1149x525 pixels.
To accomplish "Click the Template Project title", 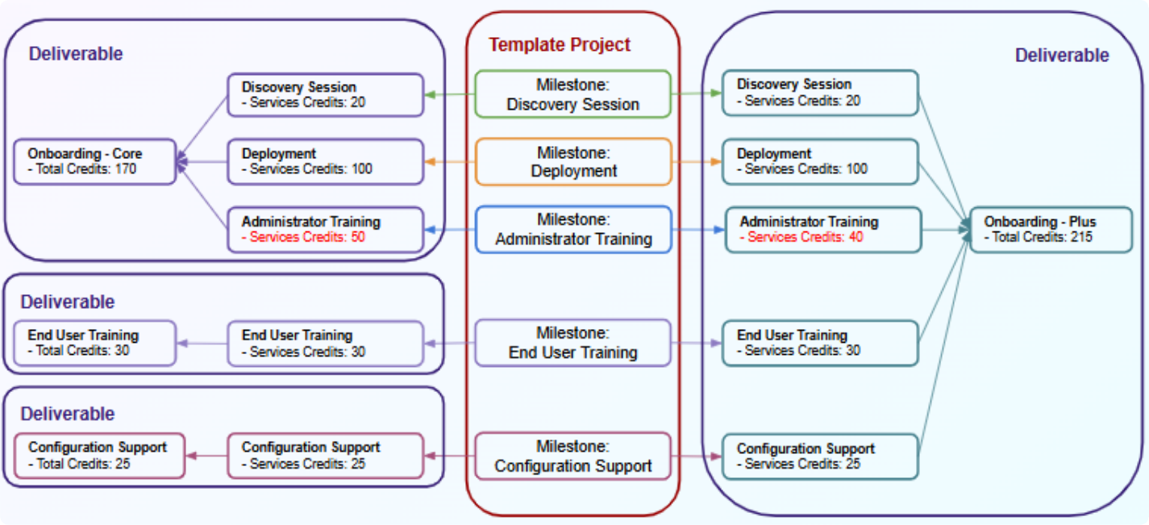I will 560,45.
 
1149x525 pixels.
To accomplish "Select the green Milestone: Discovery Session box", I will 572,94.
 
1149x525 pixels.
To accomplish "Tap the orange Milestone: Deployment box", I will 572,161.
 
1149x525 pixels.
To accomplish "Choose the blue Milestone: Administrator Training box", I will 572,229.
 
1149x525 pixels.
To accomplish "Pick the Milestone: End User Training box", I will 572,343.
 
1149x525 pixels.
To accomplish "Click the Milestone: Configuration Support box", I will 572,456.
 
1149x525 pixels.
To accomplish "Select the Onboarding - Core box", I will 94,161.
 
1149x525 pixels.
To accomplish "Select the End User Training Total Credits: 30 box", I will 94,343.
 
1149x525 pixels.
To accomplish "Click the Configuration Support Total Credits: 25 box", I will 99,456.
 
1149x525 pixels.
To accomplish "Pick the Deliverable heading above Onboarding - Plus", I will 1061,56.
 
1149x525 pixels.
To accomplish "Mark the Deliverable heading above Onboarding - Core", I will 76,54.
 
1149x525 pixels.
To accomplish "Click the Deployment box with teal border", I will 820,161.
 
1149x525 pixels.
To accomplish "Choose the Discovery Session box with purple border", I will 325,94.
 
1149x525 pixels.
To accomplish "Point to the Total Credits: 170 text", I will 82,169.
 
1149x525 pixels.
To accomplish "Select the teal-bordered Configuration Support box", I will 820,456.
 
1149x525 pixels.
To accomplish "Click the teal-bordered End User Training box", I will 820,343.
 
